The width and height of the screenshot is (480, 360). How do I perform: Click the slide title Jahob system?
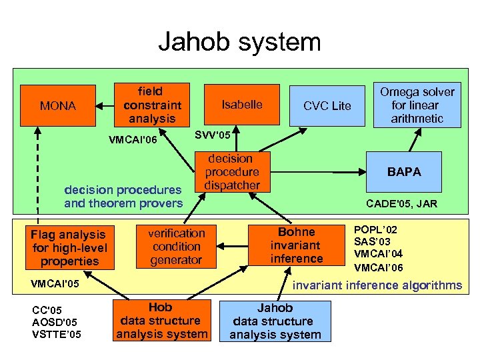point(239,42)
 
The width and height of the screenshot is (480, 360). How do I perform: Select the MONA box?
point(57,105)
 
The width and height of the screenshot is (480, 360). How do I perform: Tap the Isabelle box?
point(241,105)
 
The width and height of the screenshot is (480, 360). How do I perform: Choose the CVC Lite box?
point(327,105)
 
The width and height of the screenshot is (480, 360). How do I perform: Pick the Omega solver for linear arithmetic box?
point(417,105)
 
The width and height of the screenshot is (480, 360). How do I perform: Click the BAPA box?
point(405,171)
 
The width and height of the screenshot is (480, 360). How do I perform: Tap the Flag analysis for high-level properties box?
point(69,247)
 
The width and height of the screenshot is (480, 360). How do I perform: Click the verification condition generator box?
point(176,246)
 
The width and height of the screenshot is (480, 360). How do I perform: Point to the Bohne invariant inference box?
point(297,245)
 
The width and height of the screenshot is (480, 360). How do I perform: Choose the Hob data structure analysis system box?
point(162,321)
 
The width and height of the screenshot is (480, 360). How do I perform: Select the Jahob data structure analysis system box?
point(275,321)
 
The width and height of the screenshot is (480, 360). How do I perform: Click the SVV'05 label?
point(212,135)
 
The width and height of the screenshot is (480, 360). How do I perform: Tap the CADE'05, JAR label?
point(402,203)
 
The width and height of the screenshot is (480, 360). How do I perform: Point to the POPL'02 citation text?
point(373,228)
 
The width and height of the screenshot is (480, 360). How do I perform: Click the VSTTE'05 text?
point(57,333)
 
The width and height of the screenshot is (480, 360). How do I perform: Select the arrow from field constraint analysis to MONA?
point(105,105)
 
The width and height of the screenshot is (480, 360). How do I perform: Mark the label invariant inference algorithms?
point(377,285)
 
